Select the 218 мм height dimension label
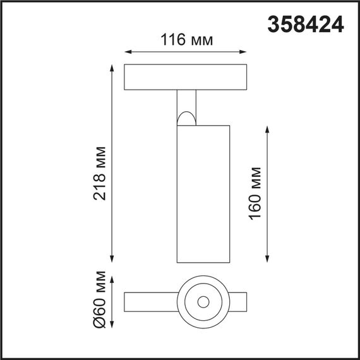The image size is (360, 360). coord(100,172)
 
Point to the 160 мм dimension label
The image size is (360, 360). coord(256,193)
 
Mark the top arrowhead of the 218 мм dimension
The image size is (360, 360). coord(113,66)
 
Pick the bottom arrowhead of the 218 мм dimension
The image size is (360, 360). coord(113,260)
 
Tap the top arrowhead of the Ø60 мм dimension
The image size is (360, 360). coord(113,279)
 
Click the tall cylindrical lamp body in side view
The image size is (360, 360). coord(203,193)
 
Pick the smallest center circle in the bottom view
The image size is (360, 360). coord(203,301)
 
